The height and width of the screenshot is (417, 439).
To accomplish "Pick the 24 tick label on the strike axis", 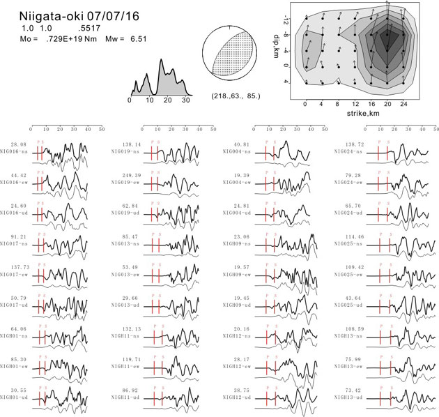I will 406,103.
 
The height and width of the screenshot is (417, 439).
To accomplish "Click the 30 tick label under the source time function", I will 184,101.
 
